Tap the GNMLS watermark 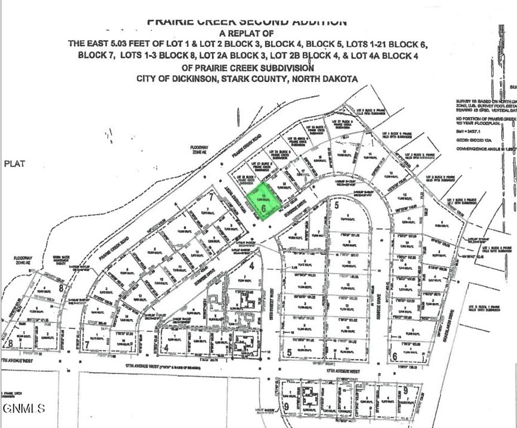point(23,409)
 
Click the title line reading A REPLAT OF point(248,33)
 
